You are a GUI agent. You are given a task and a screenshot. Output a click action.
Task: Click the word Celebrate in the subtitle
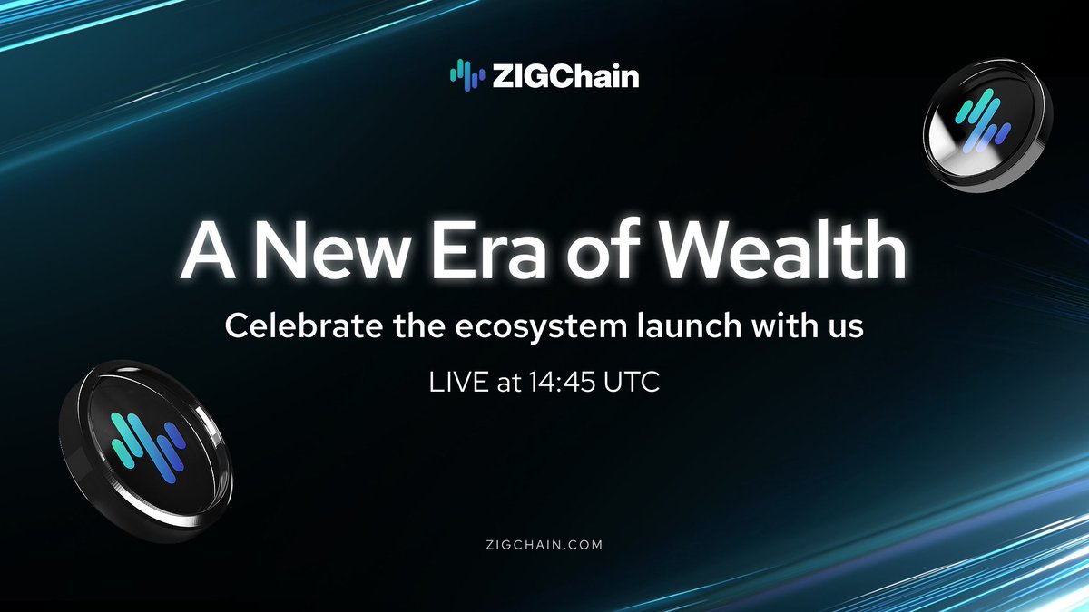(292, 326)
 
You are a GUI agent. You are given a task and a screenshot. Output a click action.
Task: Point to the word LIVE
(455, 382)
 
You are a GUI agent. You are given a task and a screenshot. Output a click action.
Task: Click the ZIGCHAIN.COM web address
(544, 545)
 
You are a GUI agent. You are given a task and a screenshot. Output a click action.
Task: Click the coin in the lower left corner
(145, 444)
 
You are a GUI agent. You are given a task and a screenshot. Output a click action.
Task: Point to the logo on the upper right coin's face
(981, 120)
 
